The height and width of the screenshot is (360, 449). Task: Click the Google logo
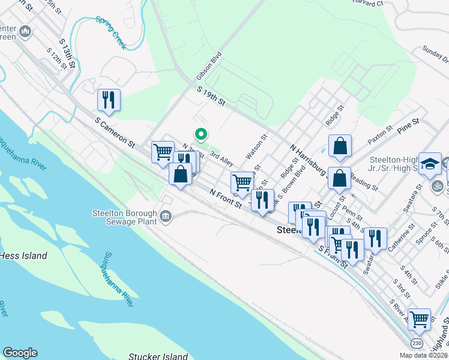[x=20, y=353]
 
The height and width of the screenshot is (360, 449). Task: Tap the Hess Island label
[x=23, y=256]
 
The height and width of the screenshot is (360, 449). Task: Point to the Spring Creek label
[x=111, y=32]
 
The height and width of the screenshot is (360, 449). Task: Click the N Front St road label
[x=224, y=199]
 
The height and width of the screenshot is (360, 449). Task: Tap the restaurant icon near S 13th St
[x=109, y=100]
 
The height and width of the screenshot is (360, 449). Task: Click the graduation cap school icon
[x=430, y=164]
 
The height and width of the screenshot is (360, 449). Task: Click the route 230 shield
[x=417, y=343]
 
